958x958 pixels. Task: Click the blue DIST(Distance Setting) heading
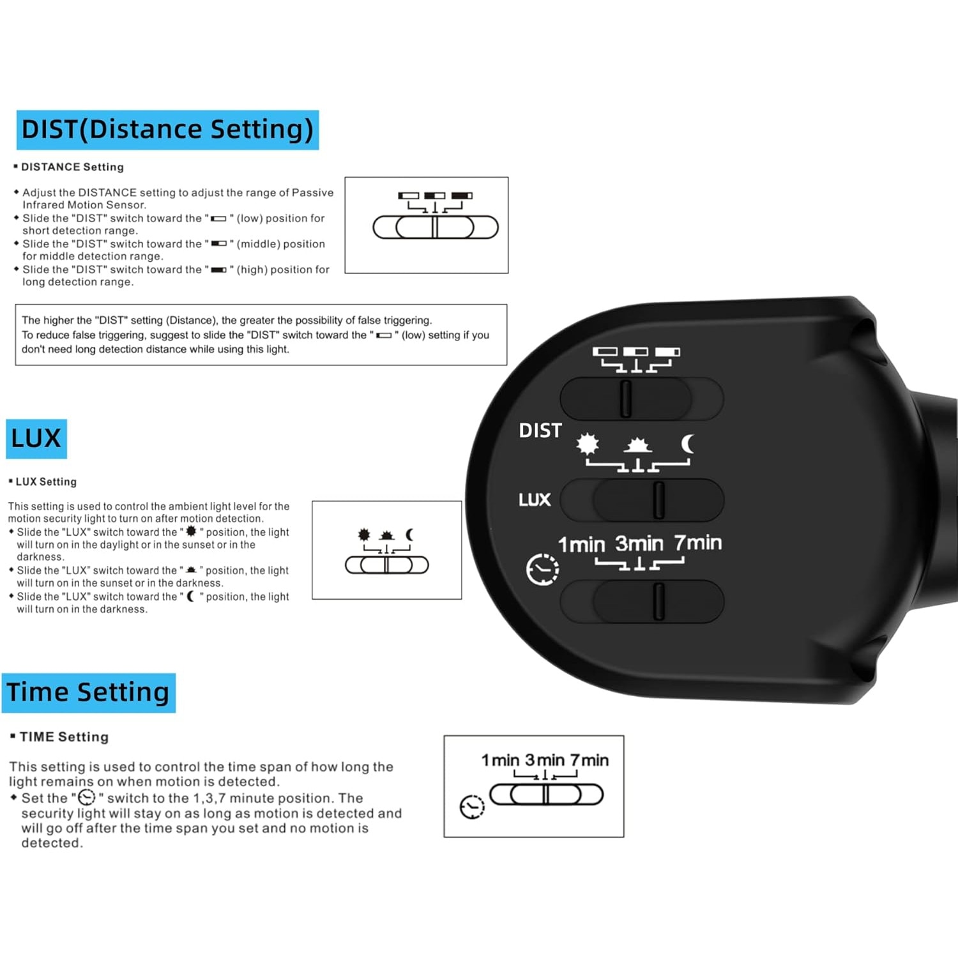click(x=167, y=130)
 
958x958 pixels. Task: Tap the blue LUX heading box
click(x=36, y=439)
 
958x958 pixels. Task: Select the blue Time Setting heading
click(x=88, y=693)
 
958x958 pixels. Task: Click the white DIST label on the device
click(x=540, y=431)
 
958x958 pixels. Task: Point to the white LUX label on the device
click(x=535, y=499)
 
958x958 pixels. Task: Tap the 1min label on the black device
click(x=581, y=544)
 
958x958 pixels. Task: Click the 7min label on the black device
click(x=698, y=543)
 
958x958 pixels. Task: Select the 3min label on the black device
click(x=639, y=544)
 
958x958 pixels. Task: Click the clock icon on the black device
click(x=542, y=569)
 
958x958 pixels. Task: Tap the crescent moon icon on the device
click(x=688, y=443)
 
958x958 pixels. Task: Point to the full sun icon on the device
click(x=588, y=443)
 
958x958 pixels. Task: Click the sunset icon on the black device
click(x=637, y=445)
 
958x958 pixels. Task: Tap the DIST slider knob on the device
click(x=626, y=399)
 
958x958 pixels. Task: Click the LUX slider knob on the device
click(x=658, y=499)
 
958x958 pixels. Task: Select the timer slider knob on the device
click(x=658, y=601)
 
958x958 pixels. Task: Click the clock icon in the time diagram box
click(x=473, y=807)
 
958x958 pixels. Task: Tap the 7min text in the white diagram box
click(x=589, y=760)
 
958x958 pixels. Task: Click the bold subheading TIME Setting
click(x=64, y=737)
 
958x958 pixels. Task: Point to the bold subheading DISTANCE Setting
click(x=72, y=167)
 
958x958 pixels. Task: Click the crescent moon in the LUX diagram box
click(x=409, y=535)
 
